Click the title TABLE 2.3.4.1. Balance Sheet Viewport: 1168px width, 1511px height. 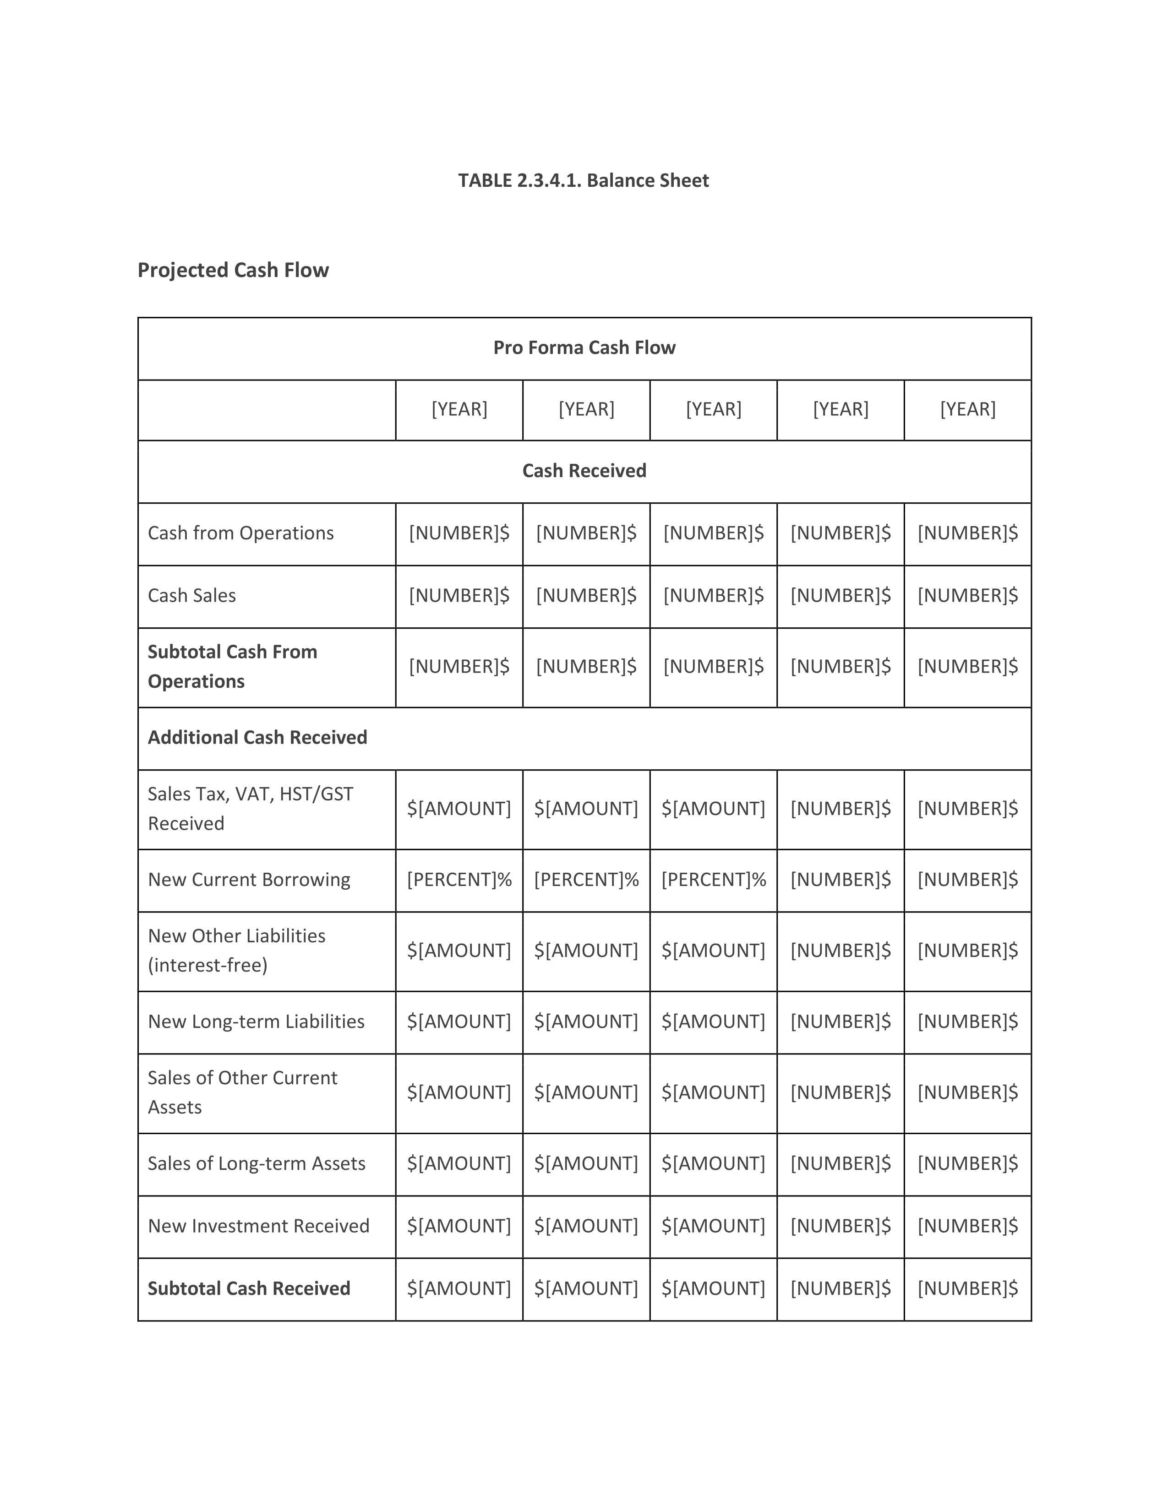point(583,180)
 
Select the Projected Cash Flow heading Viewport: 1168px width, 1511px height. point(233,270)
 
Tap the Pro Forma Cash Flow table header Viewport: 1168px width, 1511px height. point(584,348)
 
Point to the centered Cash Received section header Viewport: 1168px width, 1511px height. point(584,470)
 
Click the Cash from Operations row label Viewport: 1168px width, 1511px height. point(241,533)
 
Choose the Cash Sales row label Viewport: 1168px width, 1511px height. point(191,595)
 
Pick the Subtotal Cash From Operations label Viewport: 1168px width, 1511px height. point(233,666)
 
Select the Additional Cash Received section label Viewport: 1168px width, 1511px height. point(257,738)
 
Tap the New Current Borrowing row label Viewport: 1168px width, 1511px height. point(249,879)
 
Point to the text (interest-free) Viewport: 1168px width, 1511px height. point(207,965)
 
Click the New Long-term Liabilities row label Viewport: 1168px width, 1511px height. point(256,1021)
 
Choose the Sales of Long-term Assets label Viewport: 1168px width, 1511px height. point(257,1163)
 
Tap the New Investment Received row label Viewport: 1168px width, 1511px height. point(259,1225)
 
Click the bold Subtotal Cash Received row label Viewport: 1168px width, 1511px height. point(249,1288)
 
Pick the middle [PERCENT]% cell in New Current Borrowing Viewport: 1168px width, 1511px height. point(586,879)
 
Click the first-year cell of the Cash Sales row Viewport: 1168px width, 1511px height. point(459,595)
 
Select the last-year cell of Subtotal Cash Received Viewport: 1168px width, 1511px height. point(967,1288)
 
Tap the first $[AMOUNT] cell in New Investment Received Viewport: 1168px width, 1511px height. point(459,1225)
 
